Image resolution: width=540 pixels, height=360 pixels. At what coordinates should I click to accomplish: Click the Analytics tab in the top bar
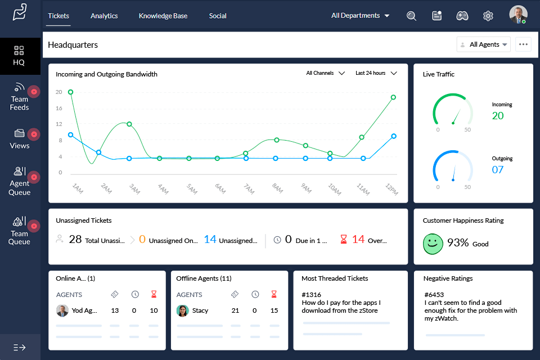tap(104, 16)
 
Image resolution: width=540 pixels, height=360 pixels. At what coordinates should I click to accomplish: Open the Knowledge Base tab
tap(163, 16)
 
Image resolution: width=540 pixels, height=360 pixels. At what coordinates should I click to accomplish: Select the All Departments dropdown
tap(360, 16)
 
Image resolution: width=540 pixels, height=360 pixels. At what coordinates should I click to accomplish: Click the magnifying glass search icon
tap(411, 16)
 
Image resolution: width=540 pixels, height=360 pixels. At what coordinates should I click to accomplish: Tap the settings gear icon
tap(488, 16)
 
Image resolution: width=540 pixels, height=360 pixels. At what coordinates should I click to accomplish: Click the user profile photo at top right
tap(518, 15)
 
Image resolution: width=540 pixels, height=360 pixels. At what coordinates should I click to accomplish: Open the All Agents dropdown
tap(484, 44)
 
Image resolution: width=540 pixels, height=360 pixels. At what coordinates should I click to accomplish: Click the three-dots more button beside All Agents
tap(523, 44)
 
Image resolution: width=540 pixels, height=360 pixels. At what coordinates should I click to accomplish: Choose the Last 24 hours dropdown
tap(376, 73)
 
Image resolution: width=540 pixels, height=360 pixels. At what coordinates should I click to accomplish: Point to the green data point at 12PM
tap(393, 97)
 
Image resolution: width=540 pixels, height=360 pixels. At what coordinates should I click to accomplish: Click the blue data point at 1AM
tap(70, 134)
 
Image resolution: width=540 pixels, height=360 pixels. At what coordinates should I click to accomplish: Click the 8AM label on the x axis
tap(277, 189)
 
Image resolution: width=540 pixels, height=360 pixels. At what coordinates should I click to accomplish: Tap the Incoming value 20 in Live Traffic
tap(498, 116)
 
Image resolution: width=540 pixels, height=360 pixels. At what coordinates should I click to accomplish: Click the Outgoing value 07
tap(498, 169)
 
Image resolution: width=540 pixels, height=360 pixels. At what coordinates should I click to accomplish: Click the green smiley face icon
tap(433, 243)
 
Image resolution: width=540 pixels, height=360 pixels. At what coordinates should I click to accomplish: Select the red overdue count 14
tap(358, 240)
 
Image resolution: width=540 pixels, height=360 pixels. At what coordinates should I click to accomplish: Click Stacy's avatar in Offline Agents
tap(182, 310)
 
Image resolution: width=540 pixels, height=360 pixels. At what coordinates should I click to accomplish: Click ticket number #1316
tap(311, 294)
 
